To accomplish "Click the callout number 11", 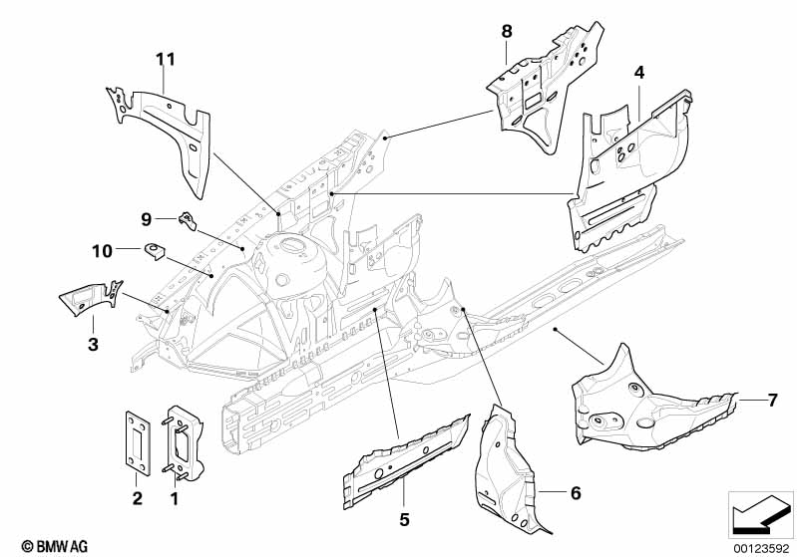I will tap(166, 59).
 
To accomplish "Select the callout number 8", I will tap(507, 32).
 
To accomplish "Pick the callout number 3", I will tap(92, 344).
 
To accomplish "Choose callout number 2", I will tap(138, 496).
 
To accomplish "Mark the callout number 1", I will tap(177, 496).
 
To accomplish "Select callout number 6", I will tap(574, 492).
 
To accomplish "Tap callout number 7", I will tap(771, 401).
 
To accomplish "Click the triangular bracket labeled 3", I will tap(85, 297).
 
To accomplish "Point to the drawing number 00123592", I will tap(759, 547).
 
